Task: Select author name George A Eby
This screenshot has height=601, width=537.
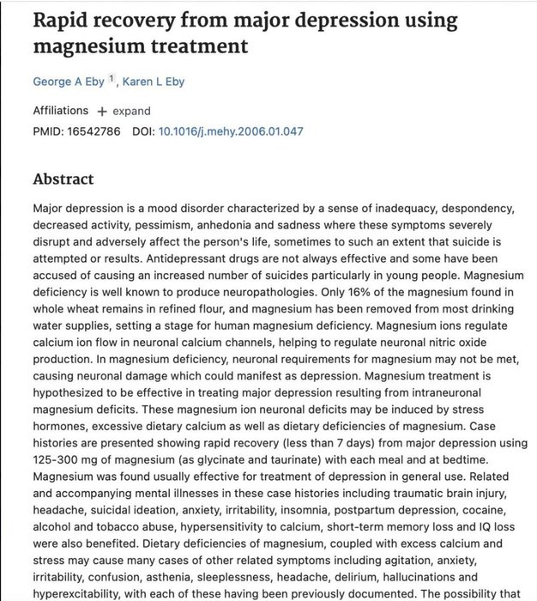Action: [68, 82]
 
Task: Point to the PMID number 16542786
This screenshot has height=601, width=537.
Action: [94, 131]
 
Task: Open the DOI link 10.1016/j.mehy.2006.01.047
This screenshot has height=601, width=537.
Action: [231, 131]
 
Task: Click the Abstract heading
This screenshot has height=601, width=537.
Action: [63, 179]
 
